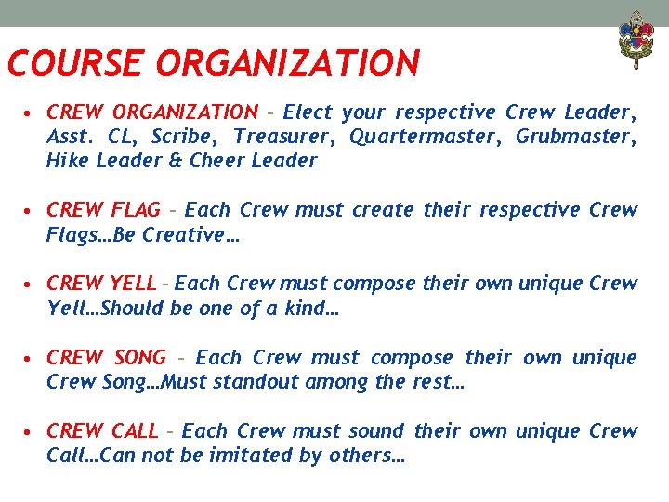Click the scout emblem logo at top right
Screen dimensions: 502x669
click(x=636, y=39)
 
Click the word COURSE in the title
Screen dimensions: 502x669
click(x=74, y=64)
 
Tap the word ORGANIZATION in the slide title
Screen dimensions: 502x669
click(x=288, y=64)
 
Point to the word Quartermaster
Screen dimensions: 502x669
click(x=416, y=137)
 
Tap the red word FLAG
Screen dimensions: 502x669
click(x=135, y=210)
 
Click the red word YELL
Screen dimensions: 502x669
click(x=134, y=284)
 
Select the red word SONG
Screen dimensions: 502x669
click(x=138, y=358)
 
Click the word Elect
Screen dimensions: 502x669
click(x=308, y=112)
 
